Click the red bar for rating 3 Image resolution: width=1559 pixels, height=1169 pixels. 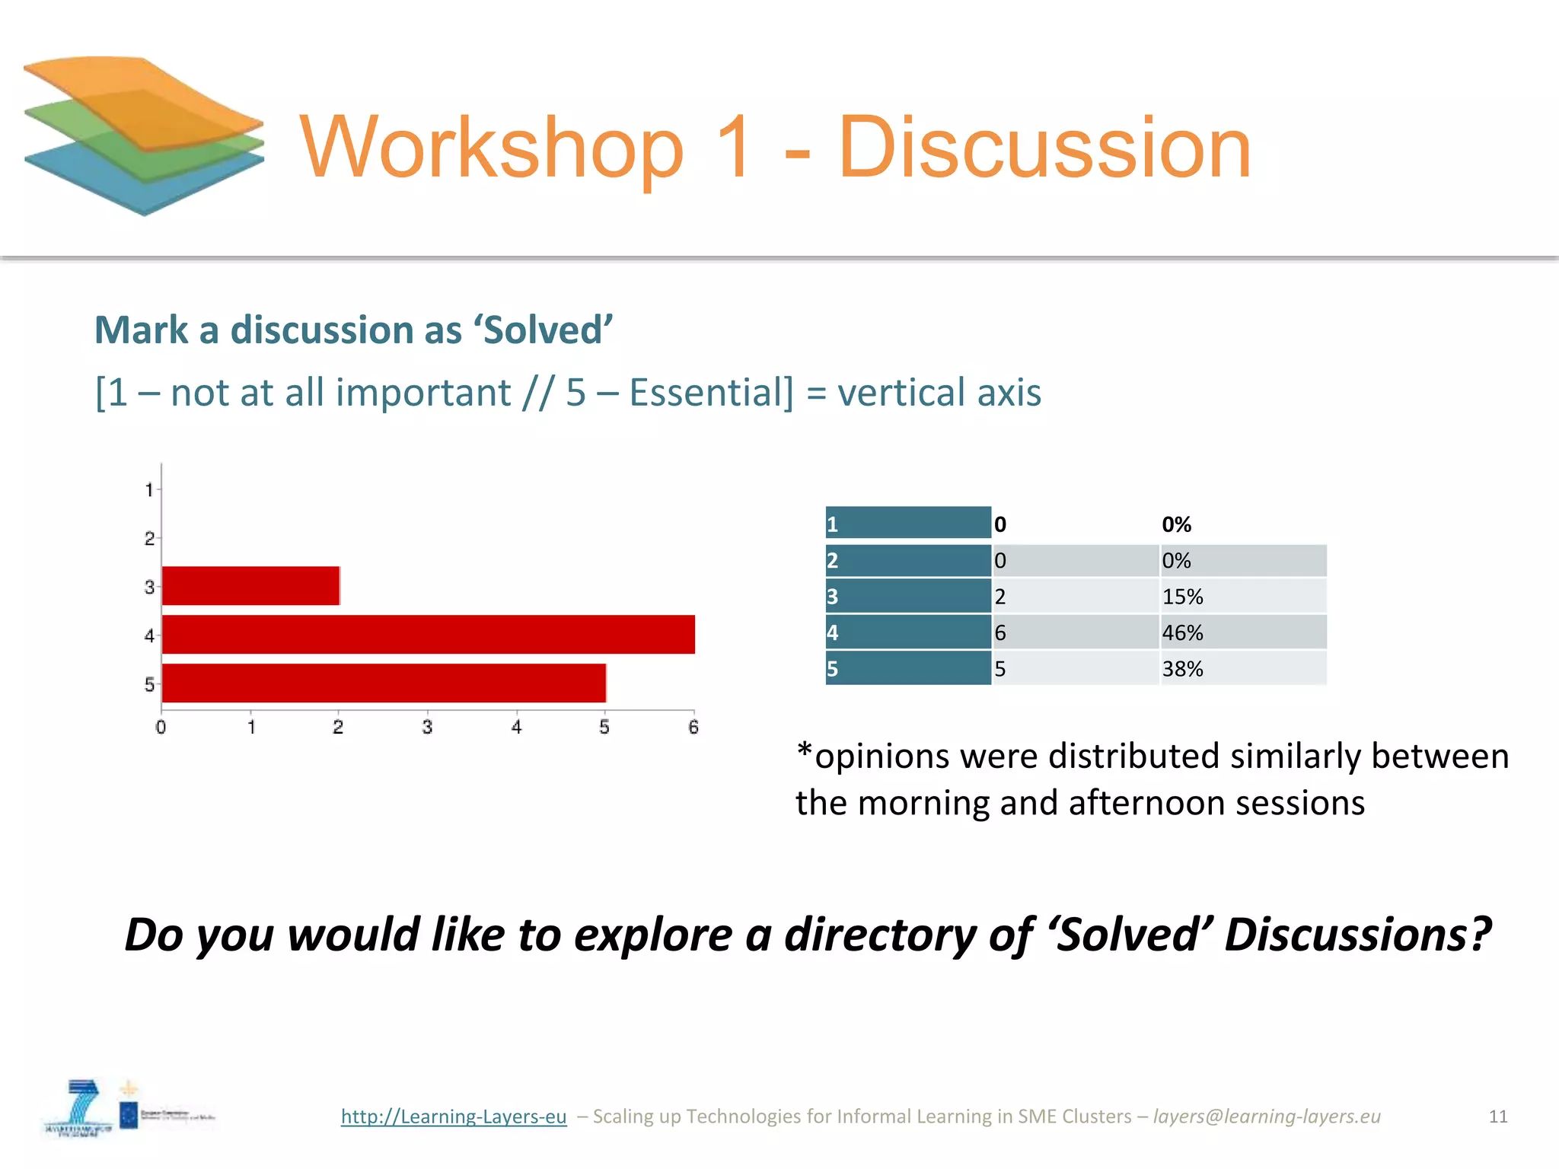(250, 586)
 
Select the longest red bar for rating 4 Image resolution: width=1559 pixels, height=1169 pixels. (428, 635)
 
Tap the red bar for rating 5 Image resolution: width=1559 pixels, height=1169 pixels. (384, 683)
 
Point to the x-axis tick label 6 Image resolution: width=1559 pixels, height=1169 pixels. (693, 728)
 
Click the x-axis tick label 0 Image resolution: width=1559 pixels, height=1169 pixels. (161, 728)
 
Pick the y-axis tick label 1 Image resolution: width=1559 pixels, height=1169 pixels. (149, 489)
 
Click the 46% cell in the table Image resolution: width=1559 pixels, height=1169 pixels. (1182, 632)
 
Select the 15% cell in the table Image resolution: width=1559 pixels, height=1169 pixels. (1182, 597)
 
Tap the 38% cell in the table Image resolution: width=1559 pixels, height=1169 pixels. (1182, 669)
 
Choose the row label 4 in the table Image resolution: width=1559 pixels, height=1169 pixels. (833, 632)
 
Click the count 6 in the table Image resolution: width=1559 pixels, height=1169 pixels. (1000, 632)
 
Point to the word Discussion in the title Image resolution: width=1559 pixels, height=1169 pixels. (1044, 148)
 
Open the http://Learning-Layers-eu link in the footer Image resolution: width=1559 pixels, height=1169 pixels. (454, 1116)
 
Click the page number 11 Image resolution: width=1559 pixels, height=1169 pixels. (1498, 1116)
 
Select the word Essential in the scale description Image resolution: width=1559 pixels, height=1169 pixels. (711, 393)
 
